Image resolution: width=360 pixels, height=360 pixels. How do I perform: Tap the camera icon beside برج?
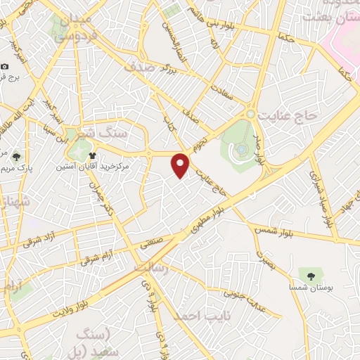tap(6, 67)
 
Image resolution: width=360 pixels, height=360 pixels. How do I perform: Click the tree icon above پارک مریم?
tap(16, 156)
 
